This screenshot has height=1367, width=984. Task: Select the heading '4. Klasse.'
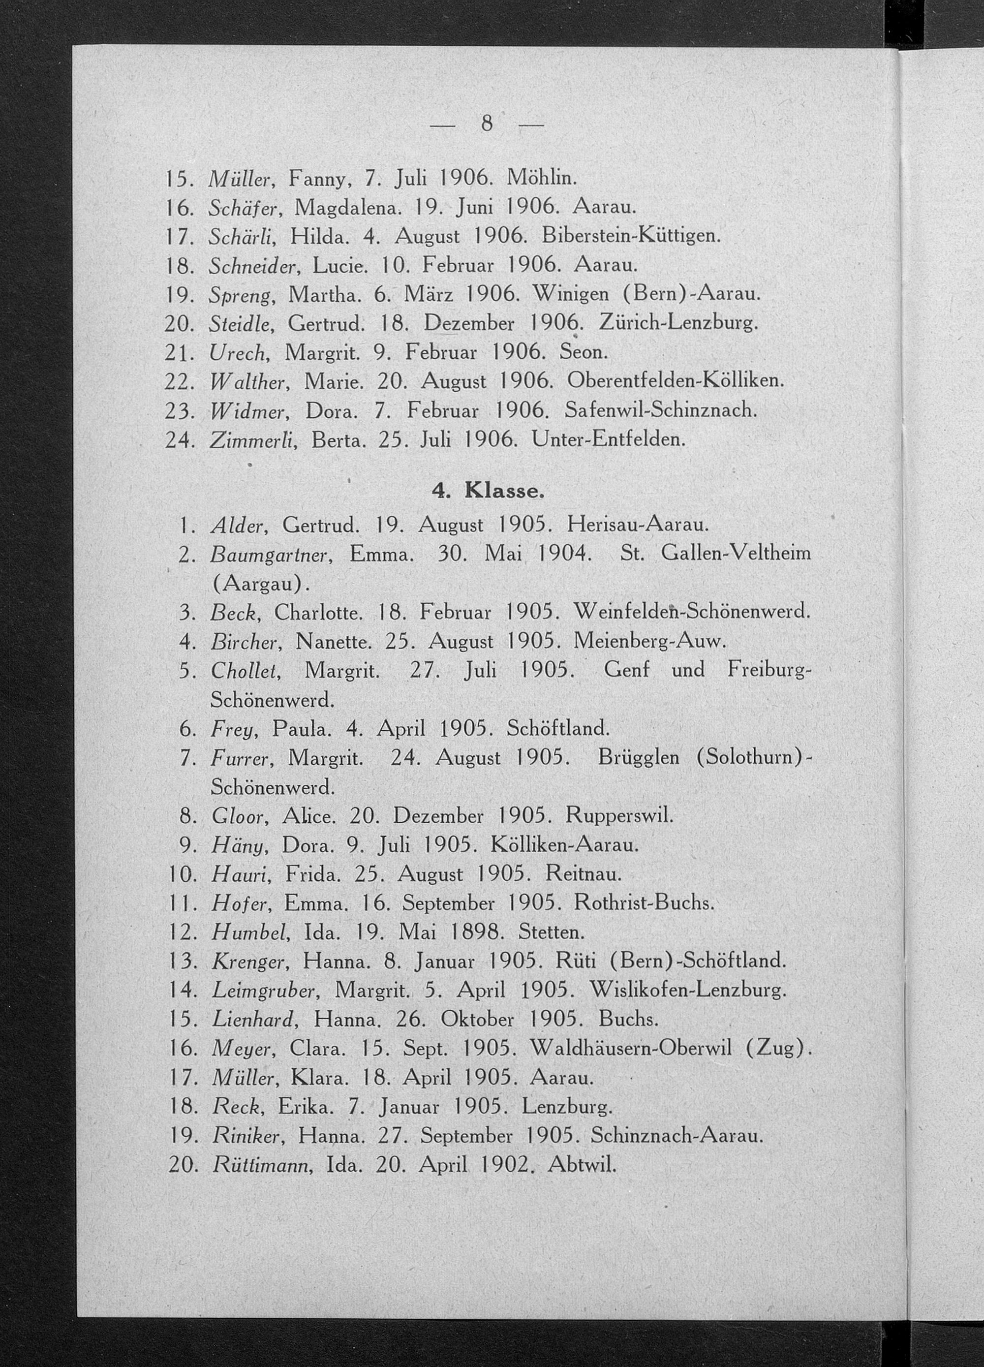click(488, 491)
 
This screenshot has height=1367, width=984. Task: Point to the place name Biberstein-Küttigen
click(630, 236)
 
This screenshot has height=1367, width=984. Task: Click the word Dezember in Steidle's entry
click(469, 324)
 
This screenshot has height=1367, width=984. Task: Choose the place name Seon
click(582, 351)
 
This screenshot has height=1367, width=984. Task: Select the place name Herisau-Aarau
click(637, 525)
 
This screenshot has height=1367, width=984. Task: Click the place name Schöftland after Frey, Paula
click(558, 729)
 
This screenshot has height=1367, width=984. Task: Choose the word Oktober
click(477, 1019)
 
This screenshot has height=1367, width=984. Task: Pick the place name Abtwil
click(582, 1165)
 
